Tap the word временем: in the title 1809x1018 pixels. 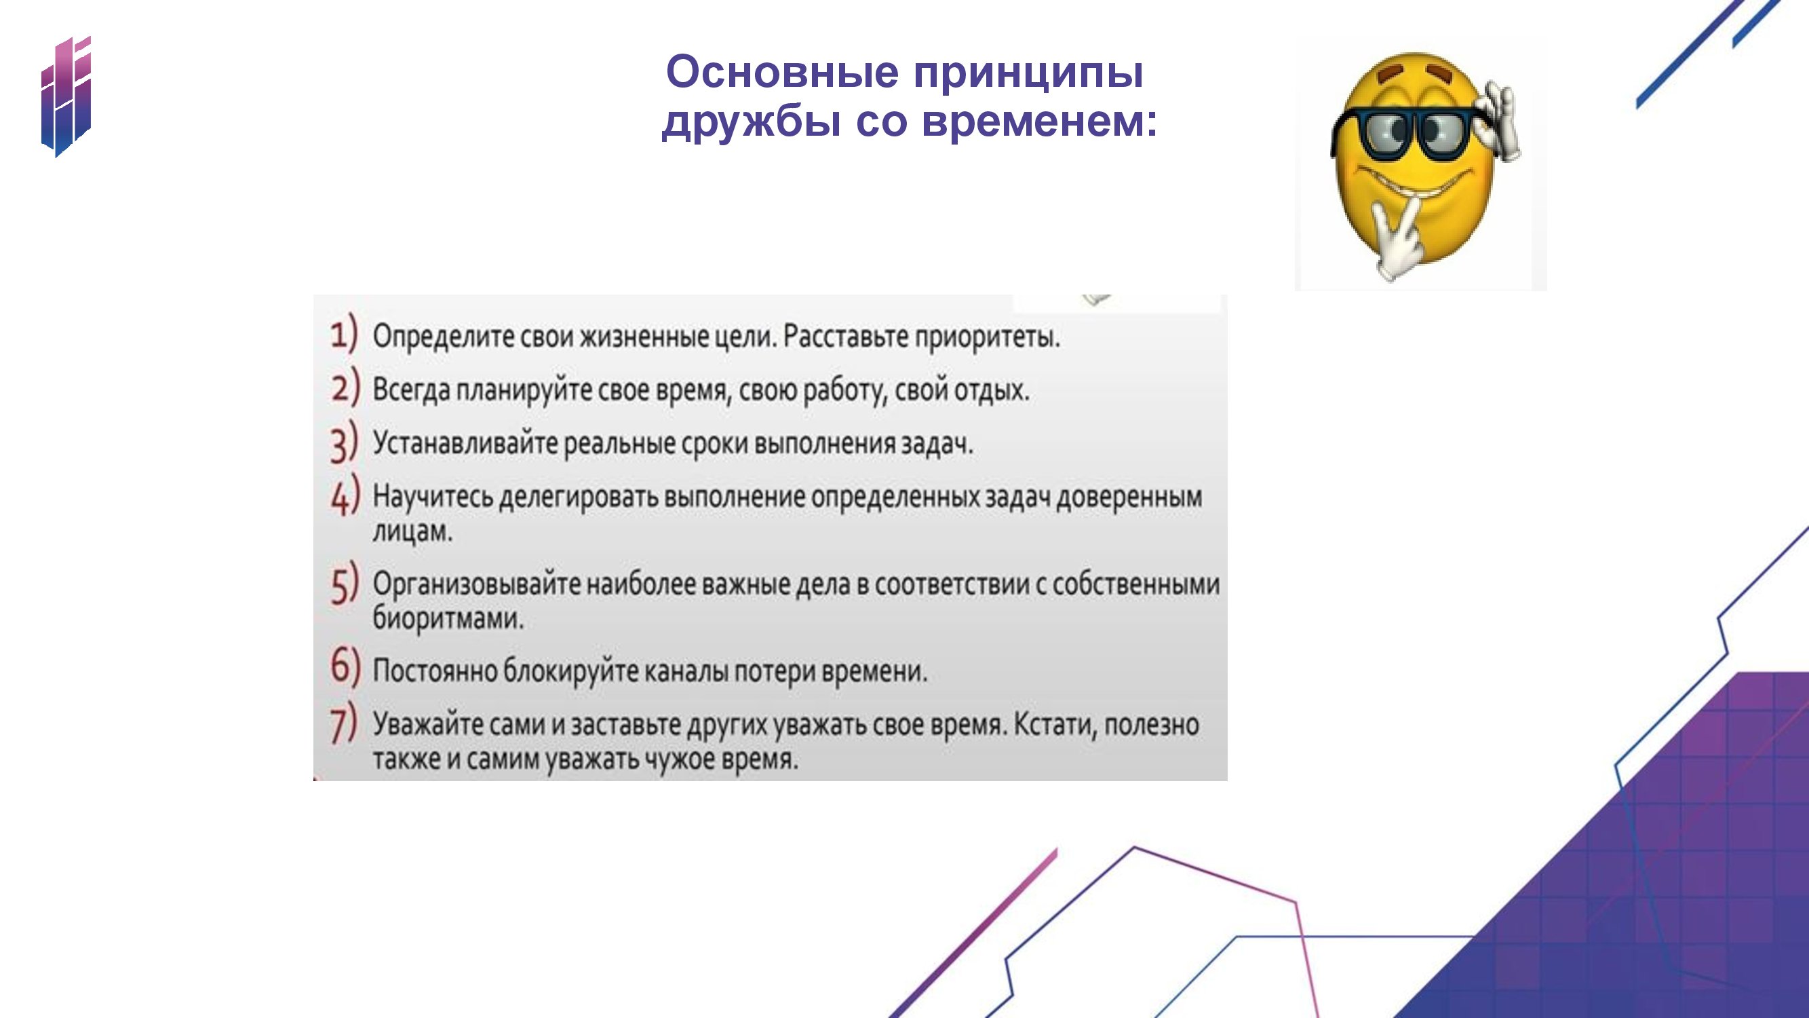coord(1039,121)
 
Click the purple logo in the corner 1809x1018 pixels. coord(66,97)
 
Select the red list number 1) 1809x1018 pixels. coord(344,335)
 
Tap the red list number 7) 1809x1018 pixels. coord(344,724)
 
